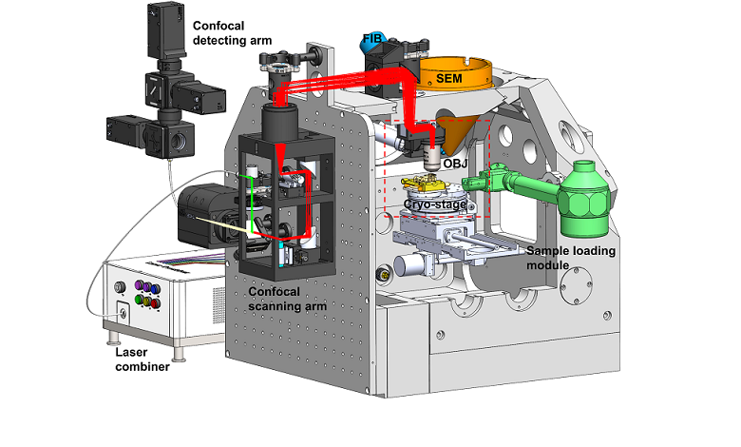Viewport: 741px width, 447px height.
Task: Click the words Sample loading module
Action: tap(571, 259)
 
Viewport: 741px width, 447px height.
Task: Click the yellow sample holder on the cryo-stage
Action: tap(427, 184)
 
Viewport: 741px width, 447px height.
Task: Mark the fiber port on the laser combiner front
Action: tap(122, 309)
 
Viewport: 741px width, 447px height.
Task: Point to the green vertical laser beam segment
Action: tap(251, 200)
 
